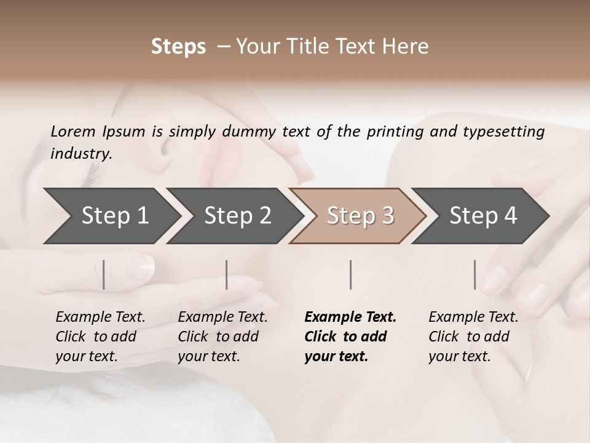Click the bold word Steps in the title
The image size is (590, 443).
point(178,47)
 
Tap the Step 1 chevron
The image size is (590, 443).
point(111,216)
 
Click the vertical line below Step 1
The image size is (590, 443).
point(104,274)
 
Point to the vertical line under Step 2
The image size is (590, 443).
point(227,274)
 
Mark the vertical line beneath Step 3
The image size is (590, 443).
point(351,274)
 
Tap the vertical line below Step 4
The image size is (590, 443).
point(474,274)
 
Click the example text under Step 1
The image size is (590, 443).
point(100,337)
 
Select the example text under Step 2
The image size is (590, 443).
point(222,337)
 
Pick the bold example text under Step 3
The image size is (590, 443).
point(350,337)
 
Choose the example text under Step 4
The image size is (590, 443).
point(473,337)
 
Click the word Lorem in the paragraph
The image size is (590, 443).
point(73,131)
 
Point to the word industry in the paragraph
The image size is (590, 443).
point(81,154)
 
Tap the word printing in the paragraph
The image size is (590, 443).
point(402,131)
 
